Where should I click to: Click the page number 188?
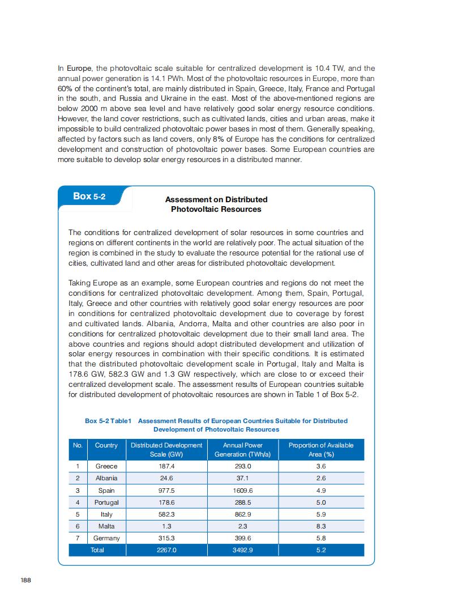click(x=25, y=580)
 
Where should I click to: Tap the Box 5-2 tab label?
click(x=89, y=196)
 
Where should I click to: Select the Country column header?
click(x=106, y=445)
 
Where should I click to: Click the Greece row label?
click(x=106, y=466)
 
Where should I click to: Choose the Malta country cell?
click(x=106, y=526)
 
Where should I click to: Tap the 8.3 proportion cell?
click(x=321, y=526)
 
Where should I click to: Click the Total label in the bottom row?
click(x=97, y=550)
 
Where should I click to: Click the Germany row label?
click(x=106, y=538)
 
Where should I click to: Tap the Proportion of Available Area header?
click(x=321, y=450)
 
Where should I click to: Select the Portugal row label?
click(x=106, y=502)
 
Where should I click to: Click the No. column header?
click(x=78, y=445)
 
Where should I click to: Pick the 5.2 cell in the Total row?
click(x=321, y=550)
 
